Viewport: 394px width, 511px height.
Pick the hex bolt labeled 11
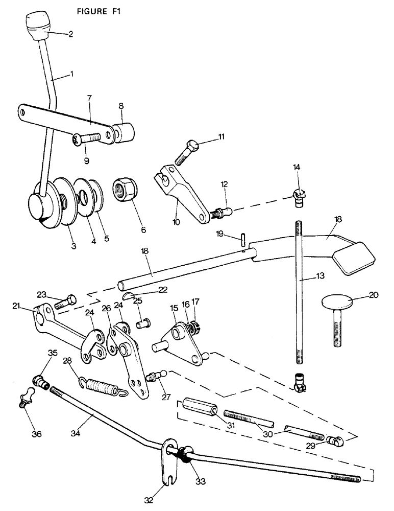click(187, 151)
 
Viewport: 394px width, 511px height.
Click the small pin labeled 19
click(243, 239)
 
